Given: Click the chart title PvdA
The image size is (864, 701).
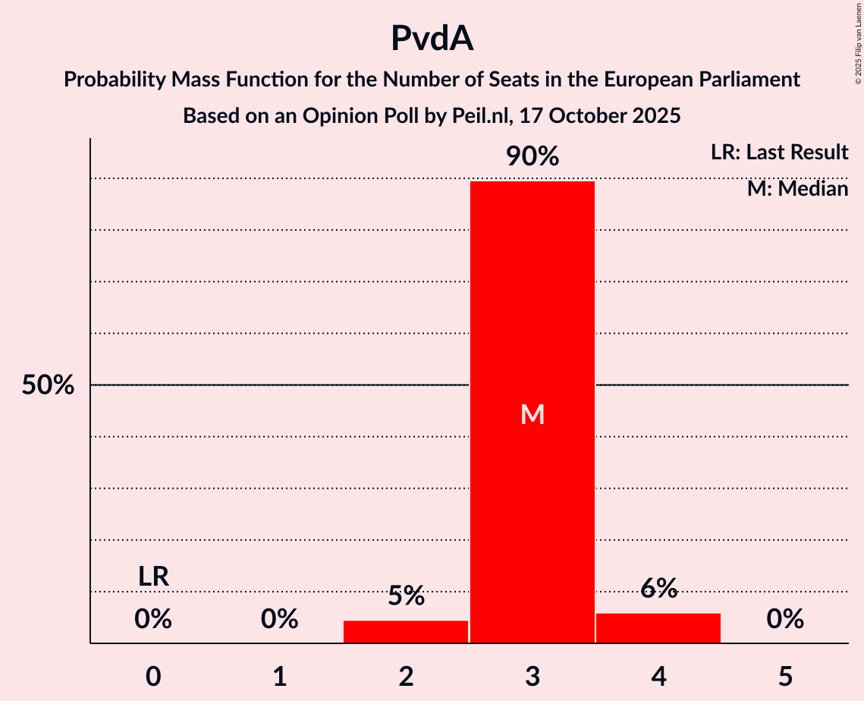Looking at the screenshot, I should [x=432, y=38].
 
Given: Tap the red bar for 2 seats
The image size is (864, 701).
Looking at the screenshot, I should [x=406, y=631].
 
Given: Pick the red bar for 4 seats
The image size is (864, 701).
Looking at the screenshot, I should [x=658, y=627].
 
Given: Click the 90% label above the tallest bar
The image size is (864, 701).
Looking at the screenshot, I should [x=533, y=157].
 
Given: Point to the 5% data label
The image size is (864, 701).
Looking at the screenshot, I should [x=406, y=596].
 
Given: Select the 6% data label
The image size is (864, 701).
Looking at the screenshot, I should [x=658, y=588].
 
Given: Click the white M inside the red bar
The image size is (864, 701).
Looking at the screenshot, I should [x=533, y=414].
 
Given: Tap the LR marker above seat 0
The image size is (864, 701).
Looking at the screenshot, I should [x=153, y=577].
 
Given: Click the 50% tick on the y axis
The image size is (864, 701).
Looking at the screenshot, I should [x=48, y=385].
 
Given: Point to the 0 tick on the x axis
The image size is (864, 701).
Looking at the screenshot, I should [x=153, y=676].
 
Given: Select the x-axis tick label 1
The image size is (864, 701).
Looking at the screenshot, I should [x=280, y=676].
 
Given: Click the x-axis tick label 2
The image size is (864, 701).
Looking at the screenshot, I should [x=406, y=676].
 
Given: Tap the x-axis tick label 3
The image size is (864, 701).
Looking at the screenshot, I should [x=533, y=676].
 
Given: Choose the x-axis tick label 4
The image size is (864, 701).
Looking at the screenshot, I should [x=658, y=676].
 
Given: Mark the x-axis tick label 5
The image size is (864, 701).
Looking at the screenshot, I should [x=785, y=676].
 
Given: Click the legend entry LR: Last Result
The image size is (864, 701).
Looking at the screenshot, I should [x=779, y=152].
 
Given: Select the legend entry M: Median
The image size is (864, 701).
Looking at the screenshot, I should [x=797, y=189].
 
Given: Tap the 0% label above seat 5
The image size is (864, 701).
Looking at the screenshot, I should [x=785, y=620].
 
